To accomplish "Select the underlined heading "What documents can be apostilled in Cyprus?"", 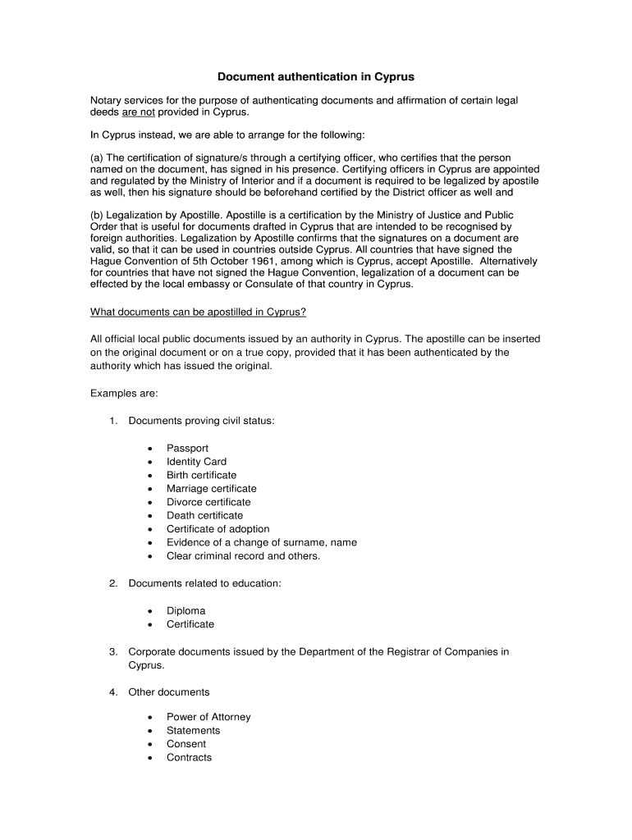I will click(197, 313).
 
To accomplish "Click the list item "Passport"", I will click(187, 448).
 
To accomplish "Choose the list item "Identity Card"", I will click(196, 462).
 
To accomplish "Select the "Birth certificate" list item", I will click(201, 475).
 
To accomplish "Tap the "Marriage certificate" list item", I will click(211, 489).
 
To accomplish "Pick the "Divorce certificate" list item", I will click(208, 502).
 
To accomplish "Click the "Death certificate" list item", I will click(204, 515).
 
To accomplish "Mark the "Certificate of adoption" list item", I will click(218, 529).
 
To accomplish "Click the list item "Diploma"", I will click(185, 611).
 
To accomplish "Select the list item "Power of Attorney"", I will click(208, 717).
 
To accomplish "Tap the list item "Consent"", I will click(186, 744).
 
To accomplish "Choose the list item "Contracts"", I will click(189, 757).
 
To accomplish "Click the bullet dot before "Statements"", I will click(150, 731).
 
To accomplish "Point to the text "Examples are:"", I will click(124, 394).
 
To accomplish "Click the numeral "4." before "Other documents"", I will click(114, 692).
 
